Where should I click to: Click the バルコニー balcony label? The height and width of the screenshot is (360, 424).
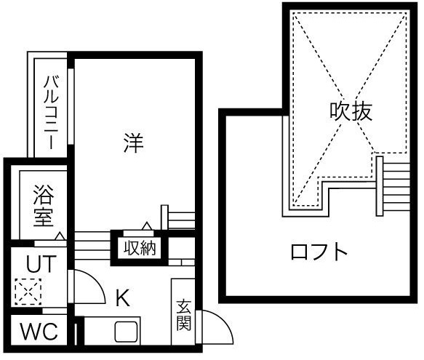coord(51,112)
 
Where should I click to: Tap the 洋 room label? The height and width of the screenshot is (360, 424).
coord(133,143)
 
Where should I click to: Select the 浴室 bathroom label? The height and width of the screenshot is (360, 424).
coord(43,206)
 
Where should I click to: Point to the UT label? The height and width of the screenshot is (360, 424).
coord(41,264)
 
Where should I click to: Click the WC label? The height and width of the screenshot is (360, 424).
coord(39,331)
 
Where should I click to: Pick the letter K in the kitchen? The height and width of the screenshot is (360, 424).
coord(123,297)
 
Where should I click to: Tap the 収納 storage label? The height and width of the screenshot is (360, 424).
coord(140,248)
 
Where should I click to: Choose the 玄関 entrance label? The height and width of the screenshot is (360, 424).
coord(183,315)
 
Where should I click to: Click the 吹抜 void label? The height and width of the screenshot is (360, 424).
coord(351,111)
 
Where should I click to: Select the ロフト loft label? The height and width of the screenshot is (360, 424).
coord(319,252)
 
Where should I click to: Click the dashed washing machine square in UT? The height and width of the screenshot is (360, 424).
coord(28,292)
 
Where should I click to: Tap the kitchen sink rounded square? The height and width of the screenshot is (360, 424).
coord(126,332)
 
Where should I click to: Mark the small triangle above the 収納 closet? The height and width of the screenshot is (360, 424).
coord(147,225)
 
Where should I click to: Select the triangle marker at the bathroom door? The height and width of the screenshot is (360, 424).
coord(60,236)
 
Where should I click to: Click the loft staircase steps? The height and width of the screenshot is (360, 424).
coord(393,186)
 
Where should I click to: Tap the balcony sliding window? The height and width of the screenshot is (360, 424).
coord(71,107)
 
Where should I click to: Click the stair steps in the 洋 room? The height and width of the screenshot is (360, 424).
coord(178,217)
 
